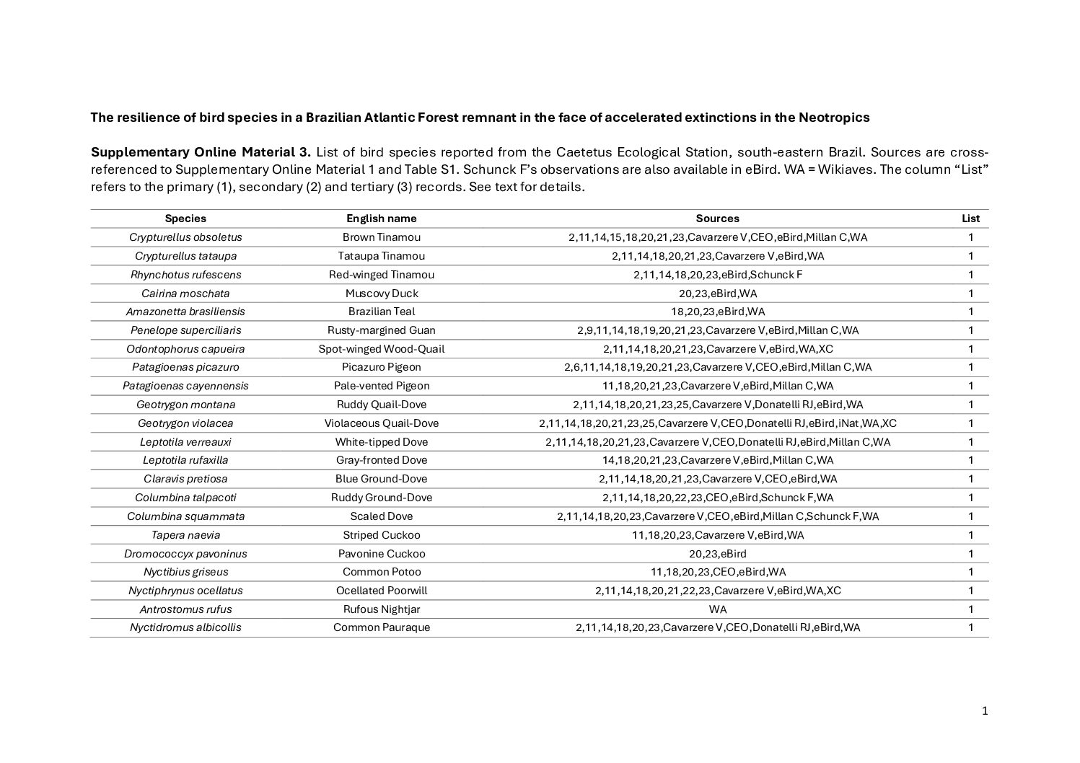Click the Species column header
coord(185,219)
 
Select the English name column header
coord(381,219)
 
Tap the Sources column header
coord(717,219)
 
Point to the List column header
coord(970,219)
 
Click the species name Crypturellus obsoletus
coord(185,237)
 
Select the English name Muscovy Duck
coord(381,294)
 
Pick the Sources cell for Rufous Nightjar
coord(717,609)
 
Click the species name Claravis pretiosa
coord(185,479)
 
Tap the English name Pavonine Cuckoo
coord(381,554)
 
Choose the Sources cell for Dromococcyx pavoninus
coord(717,554)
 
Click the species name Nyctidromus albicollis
coord(185,627)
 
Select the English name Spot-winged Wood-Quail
coord(381,349)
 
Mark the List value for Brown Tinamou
coord(970,237)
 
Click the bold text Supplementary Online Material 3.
coord(201,152)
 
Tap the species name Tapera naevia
coord(185,535)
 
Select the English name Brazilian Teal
coord(381,312)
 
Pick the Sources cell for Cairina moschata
coord(717,294)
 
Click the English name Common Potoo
coord(381,572)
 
